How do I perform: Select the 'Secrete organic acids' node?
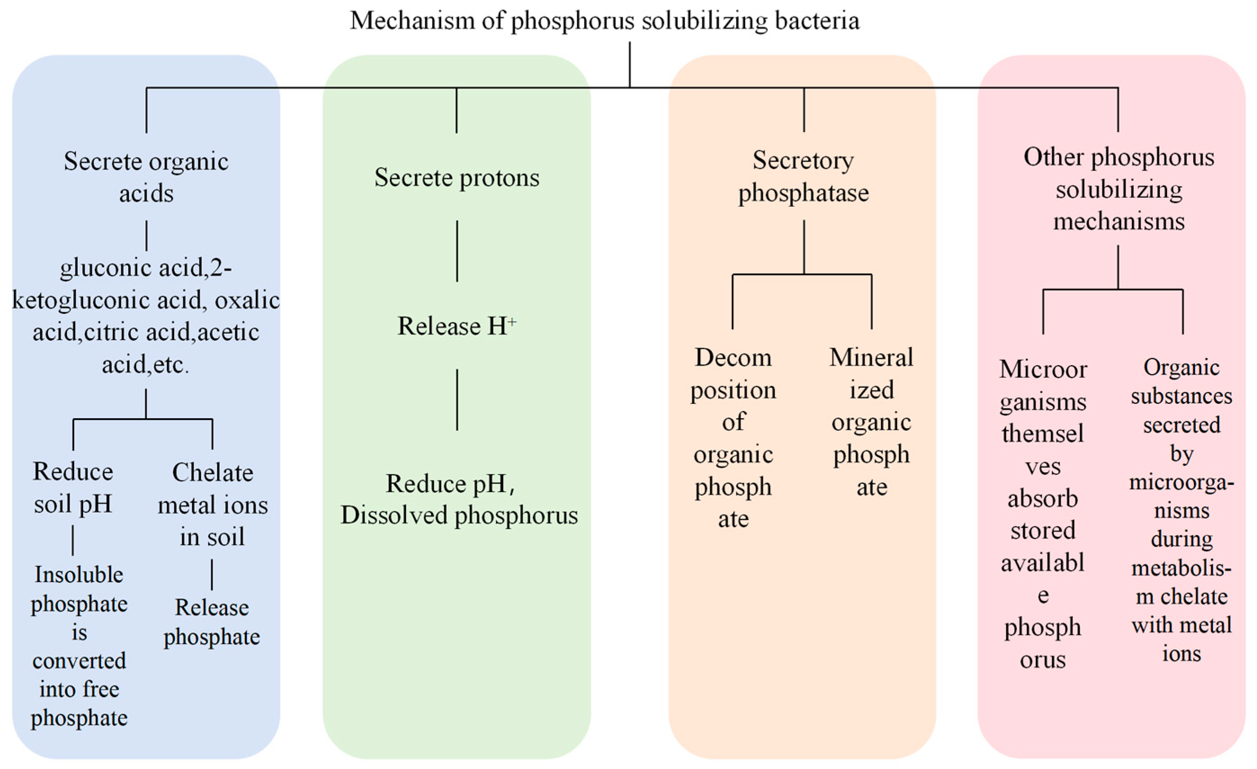coord(146,177)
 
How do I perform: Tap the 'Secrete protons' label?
coord(457,178)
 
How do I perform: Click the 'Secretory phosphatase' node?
coord(803,177)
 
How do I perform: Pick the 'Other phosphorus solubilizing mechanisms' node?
coord(1118,189)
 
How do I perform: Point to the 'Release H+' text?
coord(457,326)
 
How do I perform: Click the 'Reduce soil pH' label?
coord(73,487)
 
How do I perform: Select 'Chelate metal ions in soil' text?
coord(212,504)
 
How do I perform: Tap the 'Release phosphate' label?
coord(212,621)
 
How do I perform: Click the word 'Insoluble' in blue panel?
coord(79,575)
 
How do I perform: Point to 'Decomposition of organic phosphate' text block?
coord(733,438)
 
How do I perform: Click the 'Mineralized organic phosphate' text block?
coord(871,421)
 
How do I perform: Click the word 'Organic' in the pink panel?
coord(1181,367)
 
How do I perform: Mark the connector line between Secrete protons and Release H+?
coord(457,251)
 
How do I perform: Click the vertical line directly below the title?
coord(629,64)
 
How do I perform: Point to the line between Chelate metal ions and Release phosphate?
coord(212,574)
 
